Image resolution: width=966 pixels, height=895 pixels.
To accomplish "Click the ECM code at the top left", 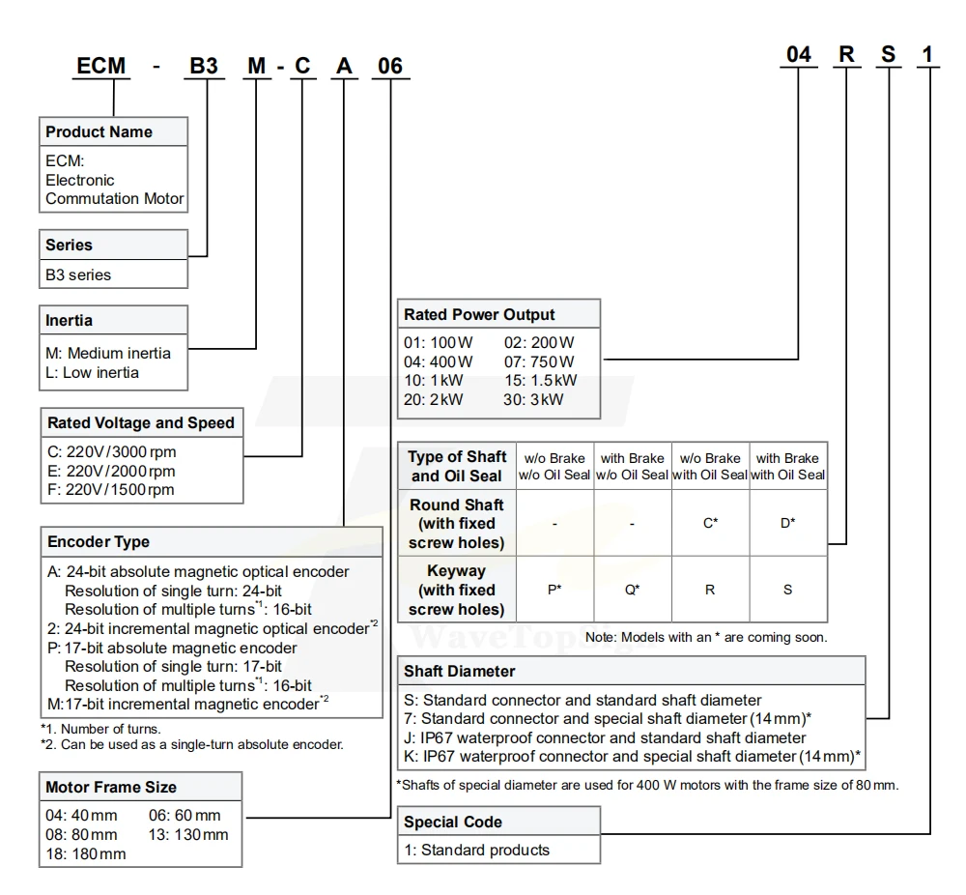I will click(100, 66).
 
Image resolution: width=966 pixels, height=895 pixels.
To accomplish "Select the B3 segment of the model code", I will click(202, 66).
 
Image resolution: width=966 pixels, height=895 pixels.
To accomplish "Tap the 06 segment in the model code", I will click(389, 66).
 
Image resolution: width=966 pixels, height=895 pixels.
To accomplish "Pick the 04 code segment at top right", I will click(798, 54).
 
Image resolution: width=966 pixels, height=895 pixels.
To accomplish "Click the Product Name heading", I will click(99, 131).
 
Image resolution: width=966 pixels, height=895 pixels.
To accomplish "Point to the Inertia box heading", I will click(70, 320).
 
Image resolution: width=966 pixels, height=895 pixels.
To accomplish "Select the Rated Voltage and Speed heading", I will click(140, 422).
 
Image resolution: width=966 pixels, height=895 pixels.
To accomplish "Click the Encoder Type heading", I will click(98, 541).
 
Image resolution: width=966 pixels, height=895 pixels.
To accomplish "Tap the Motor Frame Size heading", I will click(111, 787).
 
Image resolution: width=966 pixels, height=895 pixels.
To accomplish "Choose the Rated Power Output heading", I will click(479, 314).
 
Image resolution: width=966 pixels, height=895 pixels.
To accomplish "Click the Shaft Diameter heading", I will click(460, 671).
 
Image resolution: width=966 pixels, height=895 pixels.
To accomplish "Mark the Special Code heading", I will click(452, 823).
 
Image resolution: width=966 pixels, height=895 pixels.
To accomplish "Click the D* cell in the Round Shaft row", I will click(787, 523).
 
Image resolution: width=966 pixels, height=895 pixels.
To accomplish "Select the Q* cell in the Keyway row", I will click(632, 590).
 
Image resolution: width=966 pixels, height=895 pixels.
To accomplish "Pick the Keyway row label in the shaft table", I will click(457, 590).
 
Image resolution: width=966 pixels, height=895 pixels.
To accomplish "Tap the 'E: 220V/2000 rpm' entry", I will click(110, 471).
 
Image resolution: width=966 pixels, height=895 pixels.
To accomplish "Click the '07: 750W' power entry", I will click(539, 361).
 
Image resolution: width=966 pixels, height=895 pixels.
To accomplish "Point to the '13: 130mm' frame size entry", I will click(189, 834).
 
